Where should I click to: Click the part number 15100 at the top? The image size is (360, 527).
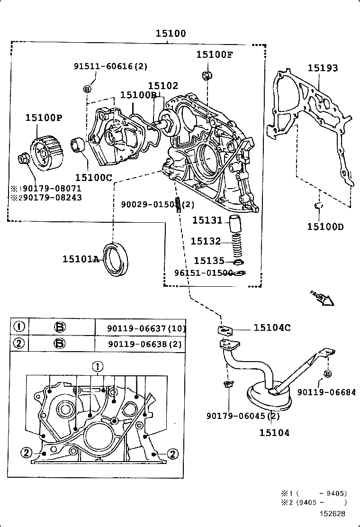(171, 34)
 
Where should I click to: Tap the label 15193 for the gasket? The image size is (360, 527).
(323, 68)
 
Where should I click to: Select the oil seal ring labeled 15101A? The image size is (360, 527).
(116, 258)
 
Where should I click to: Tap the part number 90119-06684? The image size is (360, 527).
(327, 392)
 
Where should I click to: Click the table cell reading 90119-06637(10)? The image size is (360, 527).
(140, 328)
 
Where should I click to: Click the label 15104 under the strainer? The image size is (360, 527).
(274, 432)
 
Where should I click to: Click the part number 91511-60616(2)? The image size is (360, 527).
(110, 66)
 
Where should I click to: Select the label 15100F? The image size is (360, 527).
(215, 54)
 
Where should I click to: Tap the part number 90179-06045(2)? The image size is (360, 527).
(243, 416)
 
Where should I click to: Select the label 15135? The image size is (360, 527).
(209, 261)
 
